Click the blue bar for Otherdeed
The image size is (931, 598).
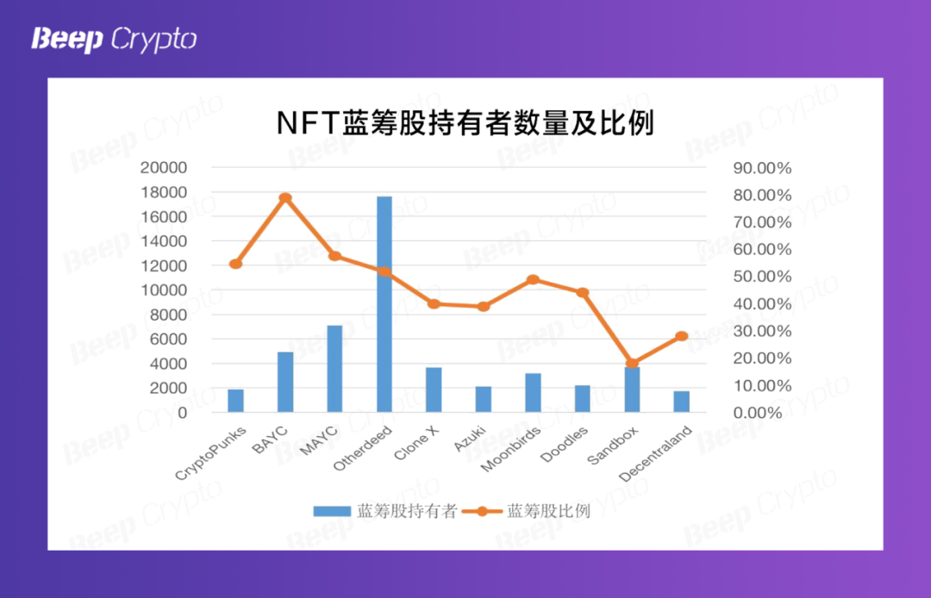384,304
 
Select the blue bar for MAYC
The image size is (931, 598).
334,369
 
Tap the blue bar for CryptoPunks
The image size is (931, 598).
235,401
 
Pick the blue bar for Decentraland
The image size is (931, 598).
682,402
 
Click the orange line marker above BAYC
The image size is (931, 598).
285,198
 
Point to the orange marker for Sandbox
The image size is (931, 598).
632,364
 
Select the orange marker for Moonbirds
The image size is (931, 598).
533,280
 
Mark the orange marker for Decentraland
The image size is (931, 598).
682,336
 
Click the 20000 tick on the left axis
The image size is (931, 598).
163,167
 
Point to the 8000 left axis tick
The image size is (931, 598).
167,315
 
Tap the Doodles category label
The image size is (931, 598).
566,443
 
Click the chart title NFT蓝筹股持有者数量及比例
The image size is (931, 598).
465,123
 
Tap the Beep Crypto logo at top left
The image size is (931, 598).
114,40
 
